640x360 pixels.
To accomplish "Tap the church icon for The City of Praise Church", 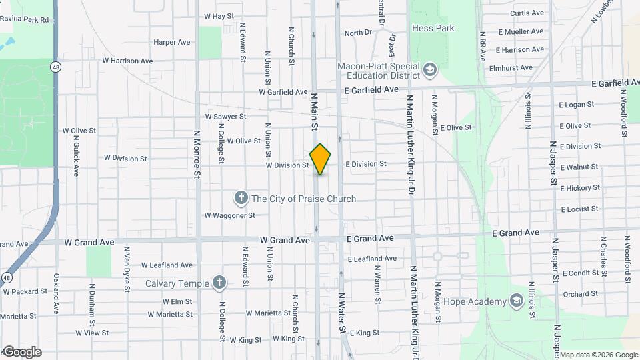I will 241,198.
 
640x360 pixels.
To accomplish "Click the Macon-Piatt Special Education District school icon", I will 430,69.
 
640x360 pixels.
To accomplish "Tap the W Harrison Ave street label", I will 127,61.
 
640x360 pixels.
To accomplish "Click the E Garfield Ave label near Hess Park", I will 371,89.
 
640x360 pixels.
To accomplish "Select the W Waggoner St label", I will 229,215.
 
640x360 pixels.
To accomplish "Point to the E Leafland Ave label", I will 372,259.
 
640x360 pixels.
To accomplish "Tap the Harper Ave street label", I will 172,42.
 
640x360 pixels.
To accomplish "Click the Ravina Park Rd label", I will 25,19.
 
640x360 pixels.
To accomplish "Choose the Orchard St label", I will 580,294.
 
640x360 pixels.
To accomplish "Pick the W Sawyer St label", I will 225,116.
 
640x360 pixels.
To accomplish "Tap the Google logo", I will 21,352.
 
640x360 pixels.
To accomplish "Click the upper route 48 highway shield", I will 55,67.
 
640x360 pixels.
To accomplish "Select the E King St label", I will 363,333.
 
